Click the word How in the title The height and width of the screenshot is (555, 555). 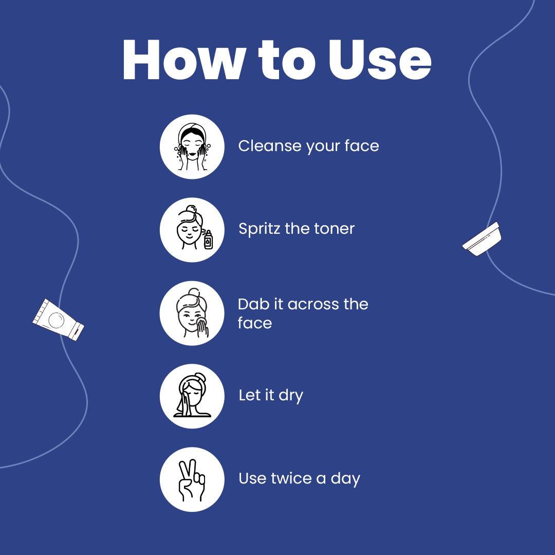[x=184, y=60]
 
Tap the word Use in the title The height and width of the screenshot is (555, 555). [x=380, y=60]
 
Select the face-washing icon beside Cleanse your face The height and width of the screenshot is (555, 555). [x=192, y=146]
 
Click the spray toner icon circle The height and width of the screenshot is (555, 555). [x=192, y=230]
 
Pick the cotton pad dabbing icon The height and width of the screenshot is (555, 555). [x=192, y=313]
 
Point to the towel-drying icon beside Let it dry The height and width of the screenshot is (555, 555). [x=192, y=396]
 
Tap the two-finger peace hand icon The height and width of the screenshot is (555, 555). [x=192, y=479]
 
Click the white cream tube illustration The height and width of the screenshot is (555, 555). [x=59, y=320]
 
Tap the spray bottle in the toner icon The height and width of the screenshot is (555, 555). [x=209, y=239]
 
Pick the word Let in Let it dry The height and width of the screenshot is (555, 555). [x=247, y=395]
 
